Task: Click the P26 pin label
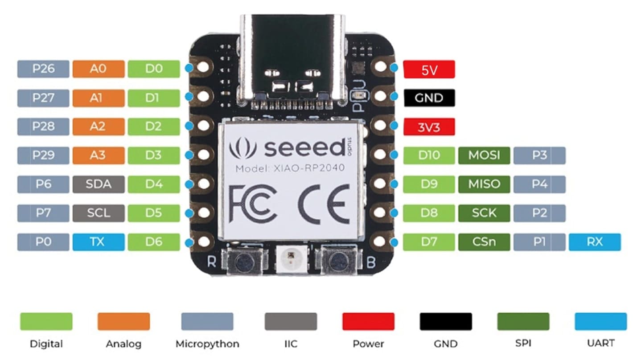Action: pyautogui.click(x=43, y=69)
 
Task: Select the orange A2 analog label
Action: pyautogui.click(x=98, y=127)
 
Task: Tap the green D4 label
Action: pyautogui.click(x=153, y=184)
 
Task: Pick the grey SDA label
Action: pyautogui.click(x=98, y=184)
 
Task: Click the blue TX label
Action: pyautogui.click(x=98, y=242)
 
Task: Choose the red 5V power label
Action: pyautogui.click(x=428, y=70)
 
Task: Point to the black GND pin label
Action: pyautogui.click(x=428, y=98)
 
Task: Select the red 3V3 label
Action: pyautogui.click(x=428, y=127)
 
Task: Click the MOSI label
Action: pyautogui.click(x=484, y=155)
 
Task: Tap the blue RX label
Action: pyautogui.click(x=594, y=242)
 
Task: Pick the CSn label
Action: pyautogui.click(x=484, y=242)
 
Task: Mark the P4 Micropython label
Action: pyautogui.click(x=539, y=184)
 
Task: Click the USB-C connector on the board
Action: pyautogui.click(x=293, y=58)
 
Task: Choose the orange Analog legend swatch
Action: pyautogui.click(x=123, y=321)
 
